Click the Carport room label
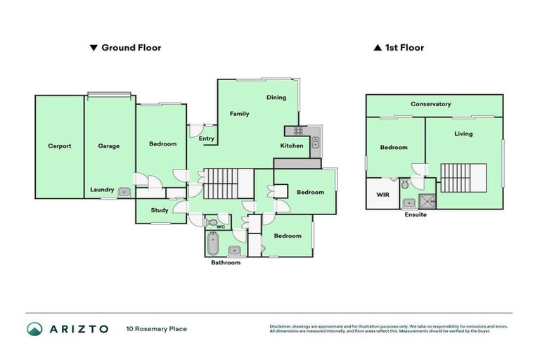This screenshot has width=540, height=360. click(x=60, y=146)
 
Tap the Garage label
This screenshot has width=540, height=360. click(x=109, y=146)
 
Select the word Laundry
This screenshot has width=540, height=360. click(x=102, y=189)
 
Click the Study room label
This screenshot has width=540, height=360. click(x=160, y=210)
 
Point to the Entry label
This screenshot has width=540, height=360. click(x=207, y=139)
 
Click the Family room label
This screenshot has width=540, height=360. click(x=240, y=113)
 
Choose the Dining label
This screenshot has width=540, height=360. click(x=276, y=98)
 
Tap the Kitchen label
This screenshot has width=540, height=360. click(x=292, y=146)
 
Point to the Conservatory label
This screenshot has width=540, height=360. click(x=430, y=104)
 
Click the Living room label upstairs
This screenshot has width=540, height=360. click(x=463, y=134)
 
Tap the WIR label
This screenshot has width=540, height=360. click(x=383, y=194)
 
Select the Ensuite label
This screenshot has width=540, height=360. click(x=416, y=214)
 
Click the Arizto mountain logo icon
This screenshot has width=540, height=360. click(x=34, y=328)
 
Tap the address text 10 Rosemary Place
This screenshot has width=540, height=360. click(x=156, y=328)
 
